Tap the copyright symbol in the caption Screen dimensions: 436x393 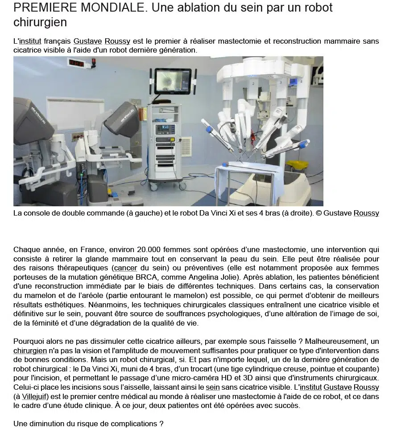319,213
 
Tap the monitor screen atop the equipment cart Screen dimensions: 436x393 173,81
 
